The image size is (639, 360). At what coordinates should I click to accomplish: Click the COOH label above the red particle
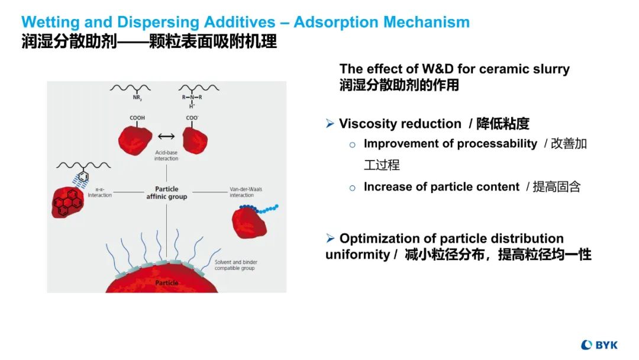pyautogui.click(x=137, y=118)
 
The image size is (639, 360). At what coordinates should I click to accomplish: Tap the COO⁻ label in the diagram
pyautogui.click(x=192, y=118)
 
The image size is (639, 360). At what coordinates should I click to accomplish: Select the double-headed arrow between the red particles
pyautogui.click(x=166, y=137)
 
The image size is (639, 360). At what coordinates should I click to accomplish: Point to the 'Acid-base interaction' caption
pyautogui.click(x=166, y=155)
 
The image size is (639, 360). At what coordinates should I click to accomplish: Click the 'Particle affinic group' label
pyautogui.click(x=166, y=193)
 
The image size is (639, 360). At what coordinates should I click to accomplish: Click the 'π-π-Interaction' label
pyautogui.click(x=99, y=192)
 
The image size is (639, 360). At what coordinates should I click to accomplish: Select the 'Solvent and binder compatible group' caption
pyautogui.click(x=235, y=265)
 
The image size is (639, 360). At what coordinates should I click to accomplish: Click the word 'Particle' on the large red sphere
pyautogui.click(x=166, y=283)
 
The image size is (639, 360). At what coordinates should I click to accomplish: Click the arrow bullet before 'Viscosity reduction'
pyautogui.click(x=330, y=124)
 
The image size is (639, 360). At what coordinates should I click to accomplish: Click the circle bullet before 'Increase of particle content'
pyautogui.click(x=352, y=188)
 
